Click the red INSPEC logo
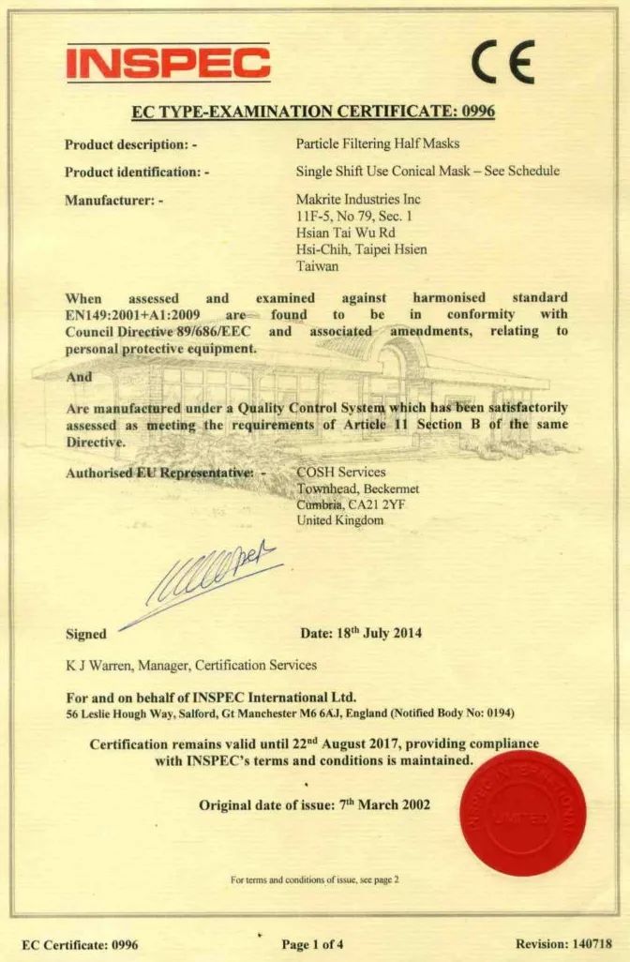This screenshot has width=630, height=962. [x=168, y=62]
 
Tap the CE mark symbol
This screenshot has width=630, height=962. [x=502, y=63]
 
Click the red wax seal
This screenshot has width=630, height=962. [x=523, y=812]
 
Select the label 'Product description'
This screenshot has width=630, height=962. [x=127, y=145]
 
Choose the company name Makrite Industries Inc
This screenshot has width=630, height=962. [x=358, y=199]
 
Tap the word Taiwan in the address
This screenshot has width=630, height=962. [x=317, y=266]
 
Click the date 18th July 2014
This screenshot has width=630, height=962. [x=379, y=633]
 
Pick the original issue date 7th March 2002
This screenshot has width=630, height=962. [x=384, y=805]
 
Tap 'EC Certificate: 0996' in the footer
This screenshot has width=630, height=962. [x=80, y=944]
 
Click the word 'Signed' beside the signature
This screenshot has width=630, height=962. [x=85, y=634]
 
